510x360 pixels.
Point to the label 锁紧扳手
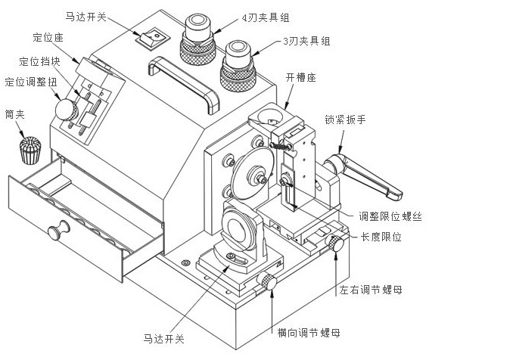(345, 119)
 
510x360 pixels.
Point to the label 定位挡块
(39, 60)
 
